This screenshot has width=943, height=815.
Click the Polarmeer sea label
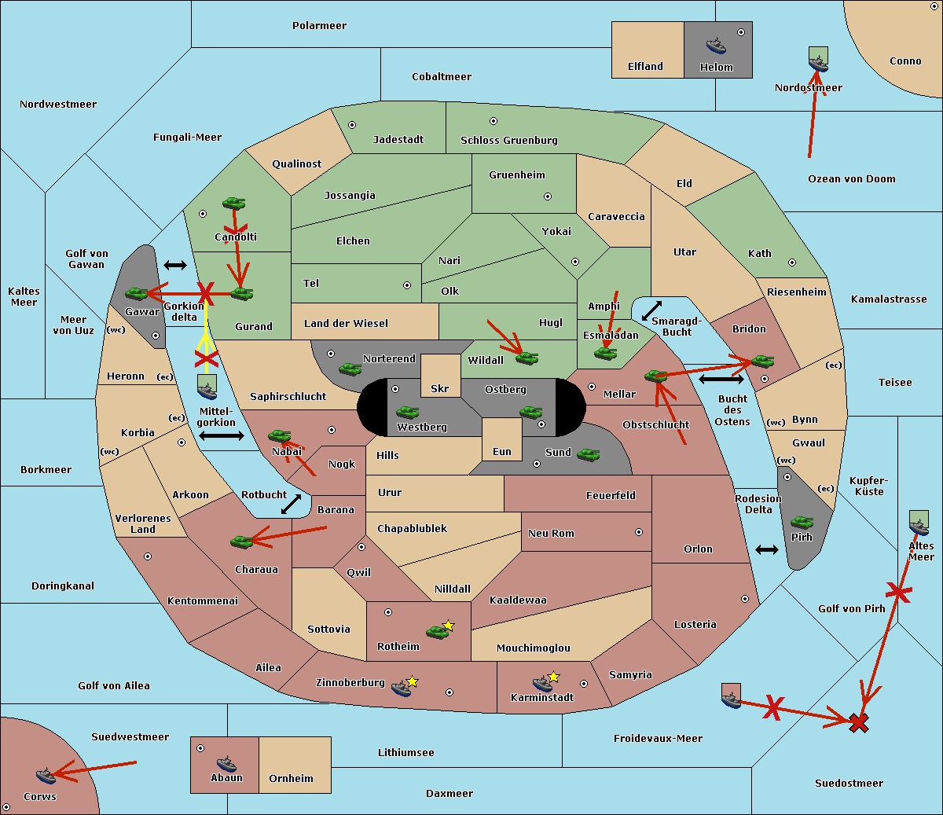(x=319, y=26)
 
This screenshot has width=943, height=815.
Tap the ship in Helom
(x=715, y=46)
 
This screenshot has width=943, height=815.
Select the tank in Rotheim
(x=438, y=631)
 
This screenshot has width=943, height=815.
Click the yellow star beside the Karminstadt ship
(x=553, y=676)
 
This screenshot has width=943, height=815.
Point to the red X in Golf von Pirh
(x=898, y=593)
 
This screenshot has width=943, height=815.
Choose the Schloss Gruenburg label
(x=508, y=141)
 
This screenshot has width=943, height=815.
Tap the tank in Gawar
(x=137, y=294)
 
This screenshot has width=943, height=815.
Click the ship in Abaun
(x=226, y=763)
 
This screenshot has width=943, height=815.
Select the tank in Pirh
(x=802, y=523)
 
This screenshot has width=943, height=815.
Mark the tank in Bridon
(x=762, y=362)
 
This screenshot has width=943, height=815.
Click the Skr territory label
(x=439, y=388)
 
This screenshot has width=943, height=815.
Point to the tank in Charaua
(x=242, y=541)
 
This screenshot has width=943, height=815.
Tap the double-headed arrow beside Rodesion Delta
(x=767, y=549)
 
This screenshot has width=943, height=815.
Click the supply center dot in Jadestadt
(x=352, y=124)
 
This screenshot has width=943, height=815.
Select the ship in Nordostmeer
(x=818, y=60)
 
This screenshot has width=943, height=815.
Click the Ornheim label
(x=291, y=778)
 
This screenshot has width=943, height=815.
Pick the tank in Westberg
(x=407, y=412)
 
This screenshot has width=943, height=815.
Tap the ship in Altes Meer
(x=919, y=524)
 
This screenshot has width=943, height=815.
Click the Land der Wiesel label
(x=346, y=323)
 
